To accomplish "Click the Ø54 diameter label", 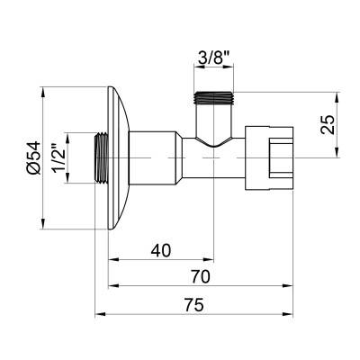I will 32,157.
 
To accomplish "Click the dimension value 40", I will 162,250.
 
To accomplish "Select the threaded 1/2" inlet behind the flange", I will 101,157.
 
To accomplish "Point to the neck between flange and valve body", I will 157,157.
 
